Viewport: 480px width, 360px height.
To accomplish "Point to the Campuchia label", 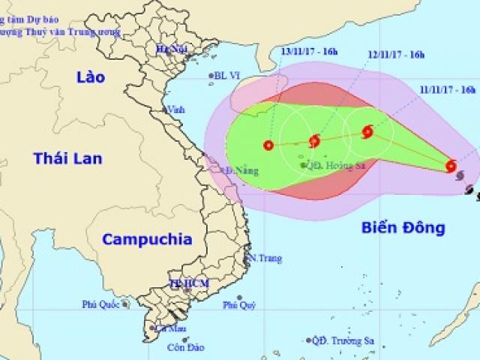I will [x=146, y=239].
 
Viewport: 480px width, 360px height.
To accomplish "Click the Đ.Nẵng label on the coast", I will [x=238, y=171].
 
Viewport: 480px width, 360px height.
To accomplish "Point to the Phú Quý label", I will [x=241, y=305].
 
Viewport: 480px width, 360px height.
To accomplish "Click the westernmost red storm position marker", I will [x=268, y=145].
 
